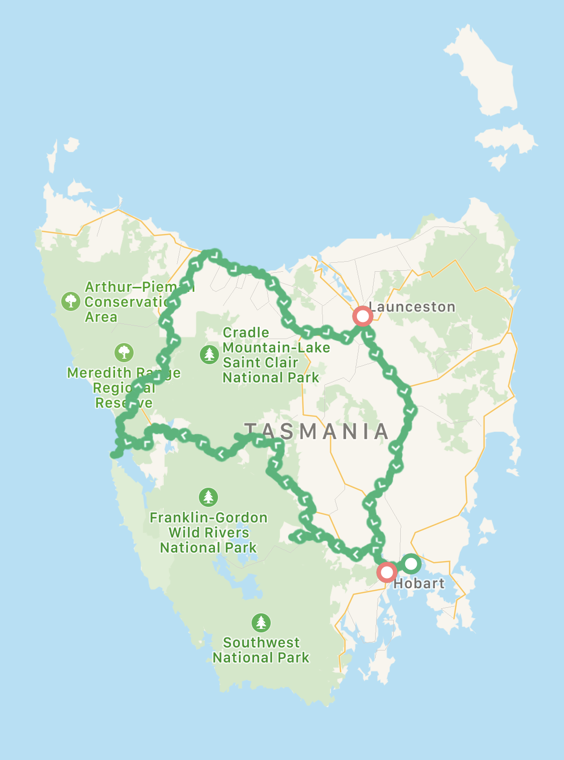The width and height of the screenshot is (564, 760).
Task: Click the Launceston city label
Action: pos(412,307)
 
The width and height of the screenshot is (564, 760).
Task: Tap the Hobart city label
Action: pos(419,584)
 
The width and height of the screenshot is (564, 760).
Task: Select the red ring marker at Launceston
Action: pos(362,316)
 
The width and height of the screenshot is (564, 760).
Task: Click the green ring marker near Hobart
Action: pos(411,564)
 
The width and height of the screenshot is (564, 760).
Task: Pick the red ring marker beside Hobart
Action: pos(387,572)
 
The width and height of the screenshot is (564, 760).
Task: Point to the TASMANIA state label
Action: pos(317,432)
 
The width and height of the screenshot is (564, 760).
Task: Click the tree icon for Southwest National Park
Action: pos(261,623)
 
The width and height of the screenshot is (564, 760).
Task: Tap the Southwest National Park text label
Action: pos(261,650)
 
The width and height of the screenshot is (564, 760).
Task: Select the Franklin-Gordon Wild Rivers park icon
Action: pos(208,497)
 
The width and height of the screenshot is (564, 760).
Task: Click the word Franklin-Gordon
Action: pos(208,518)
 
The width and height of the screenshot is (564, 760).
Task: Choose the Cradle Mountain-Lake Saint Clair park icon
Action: pos(209,354)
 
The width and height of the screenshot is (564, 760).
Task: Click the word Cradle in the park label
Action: pos(246,333)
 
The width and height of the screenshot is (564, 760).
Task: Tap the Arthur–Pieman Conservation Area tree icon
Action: pos(71,301)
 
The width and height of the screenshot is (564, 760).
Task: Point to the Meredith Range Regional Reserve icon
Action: pos(124,353)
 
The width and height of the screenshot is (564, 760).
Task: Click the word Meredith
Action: pos(99,373)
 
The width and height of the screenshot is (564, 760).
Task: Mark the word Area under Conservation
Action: pos(101,317)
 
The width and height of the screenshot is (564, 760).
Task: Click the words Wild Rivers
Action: pos(208,533)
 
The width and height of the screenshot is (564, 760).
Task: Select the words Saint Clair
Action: pos(260,363)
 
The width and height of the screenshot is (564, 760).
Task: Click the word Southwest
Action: pos(261,643)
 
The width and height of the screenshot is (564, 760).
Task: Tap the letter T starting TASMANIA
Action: pos(251,432)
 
